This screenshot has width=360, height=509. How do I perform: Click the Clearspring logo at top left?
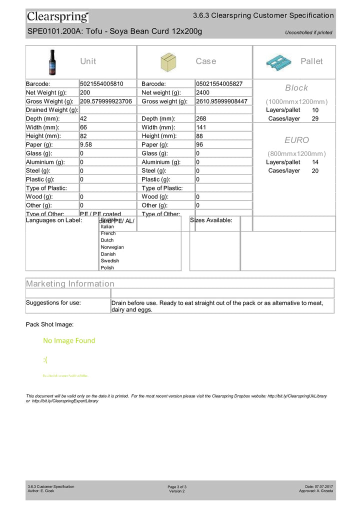pos(57,17)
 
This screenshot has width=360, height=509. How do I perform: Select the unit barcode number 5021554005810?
pos(101,83)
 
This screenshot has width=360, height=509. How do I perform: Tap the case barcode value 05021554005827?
pos(219,83)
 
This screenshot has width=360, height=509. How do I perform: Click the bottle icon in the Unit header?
pos(52,61)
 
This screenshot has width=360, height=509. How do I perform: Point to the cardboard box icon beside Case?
pos(168,62)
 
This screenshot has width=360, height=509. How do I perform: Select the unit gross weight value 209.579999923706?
pos(106,101)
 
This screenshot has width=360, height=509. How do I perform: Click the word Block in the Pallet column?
pos(296,88)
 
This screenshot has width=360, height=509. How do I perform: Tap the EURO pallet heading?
pos(296,140)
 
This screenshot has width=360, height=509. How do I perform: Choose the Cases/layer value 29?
pos(315,118)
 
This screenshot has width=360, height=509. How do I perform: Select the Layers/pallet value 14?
pos(315,162)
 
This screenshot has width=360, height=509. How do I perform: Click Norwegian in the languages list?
pos(112,247)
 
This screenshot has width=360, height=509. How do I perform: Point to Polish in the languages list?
pos(107,267)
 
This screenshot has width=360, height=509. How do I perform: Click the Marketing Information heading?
pos(70,283)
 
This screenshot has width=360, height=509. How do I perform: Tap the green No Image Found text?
pos(69,340)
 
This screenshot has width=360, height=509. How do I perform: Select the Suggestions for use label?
pos(53,302)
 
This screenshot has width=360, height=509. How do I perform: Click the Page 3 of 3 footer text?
pos(177,486)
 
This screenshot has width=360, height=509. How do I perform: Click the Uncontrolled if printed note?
pos(308,33)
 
